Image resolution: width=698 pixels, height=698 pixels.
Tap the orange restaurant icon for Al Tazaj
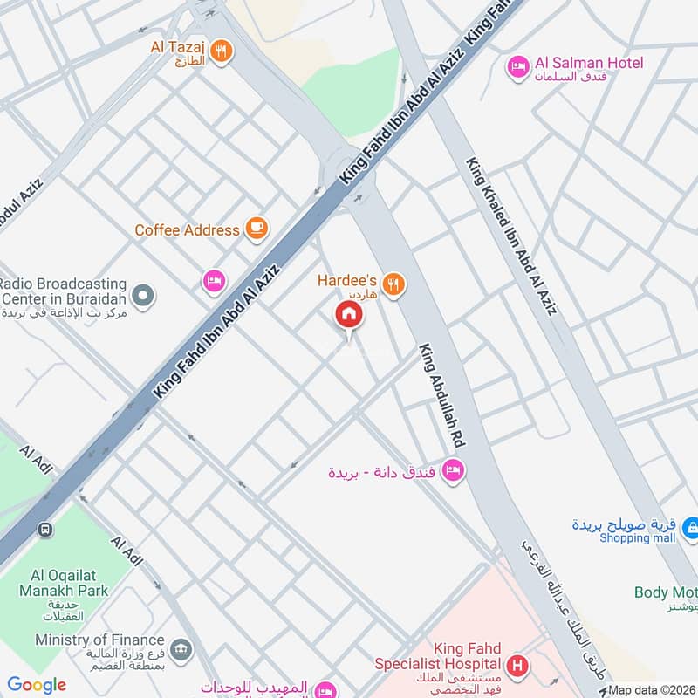(222, 51)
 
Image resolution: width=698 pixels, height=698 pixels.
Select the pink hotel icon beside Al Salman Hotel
(518, 66)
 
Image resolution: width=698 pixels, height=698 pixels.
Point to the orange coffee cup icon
(256, 229)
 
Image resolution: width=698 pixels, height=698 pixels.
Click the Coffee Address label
(187, 230)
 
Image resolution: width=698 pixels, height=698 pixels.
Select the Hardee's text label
(347, 281)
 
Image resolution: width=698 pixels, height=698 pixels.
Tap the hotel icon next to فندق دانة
(453, 470)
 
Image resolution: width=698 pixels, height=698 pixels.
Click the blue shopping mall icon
(690, 527)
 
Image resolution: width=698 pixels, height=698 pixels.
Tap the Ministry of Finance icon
(181, 648)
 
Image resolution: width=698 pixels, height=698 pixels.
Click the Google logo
(37, 685)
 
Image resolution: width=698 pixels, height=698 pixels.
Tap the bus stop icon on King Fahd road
(44, 529)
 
